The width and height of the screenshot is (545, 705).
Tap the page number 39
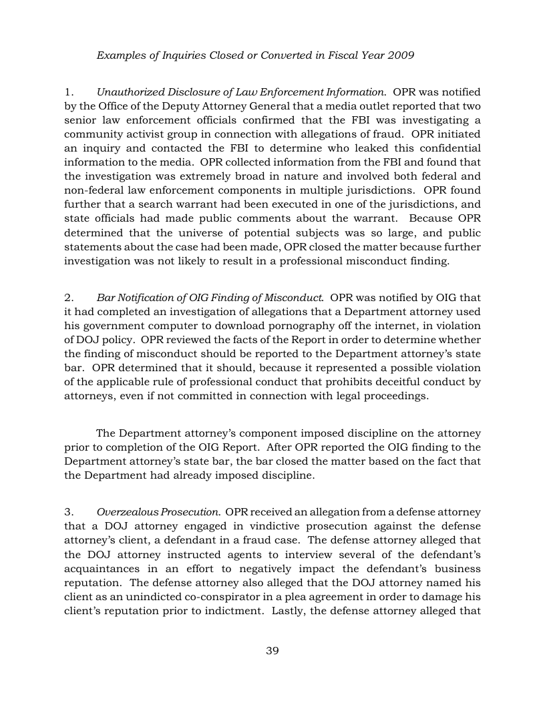[x=272, y=651]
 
